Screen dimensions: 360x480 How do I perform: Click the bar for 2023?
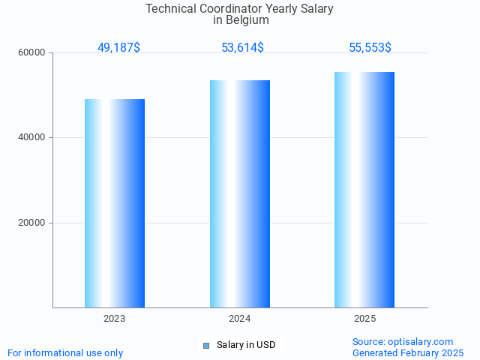coord(115,202)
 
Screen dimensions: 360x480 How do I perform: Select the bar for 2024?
coord(240,193)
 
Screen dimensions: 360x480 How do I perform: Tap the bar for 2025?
coord(364,189)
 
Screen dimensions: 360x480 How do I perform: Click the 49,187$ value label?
coord(118,47)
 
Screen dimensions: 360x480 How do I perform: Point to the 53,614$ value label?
coord(242,47)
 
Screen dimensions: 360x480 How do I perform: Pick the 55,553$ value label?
coord(370,47)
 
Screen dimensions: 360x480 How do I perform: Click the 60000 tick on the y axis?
coord(32,53)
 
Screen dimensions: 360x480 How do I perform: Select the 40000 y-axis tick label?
coord(32,138)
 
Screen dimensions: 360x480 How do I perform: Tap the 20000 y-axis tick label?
coord(32,223)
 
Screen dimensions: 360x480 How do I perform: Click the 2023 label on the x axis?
coord(115,319)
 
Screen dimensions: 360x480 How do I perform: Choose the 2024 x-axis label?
coord(240,319)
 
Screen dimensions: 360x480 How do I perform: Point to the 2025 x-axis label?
coord(364,319)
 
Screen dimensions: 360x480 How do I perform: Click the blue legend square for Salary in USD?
coord(206,345)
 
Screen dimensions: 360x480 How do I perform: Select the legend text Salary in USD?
coord(246,345)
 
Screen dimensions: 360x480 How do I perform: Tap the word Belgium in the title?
coord(247,20)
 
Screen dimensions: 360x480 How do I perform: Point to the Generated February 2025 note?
coord(408,352)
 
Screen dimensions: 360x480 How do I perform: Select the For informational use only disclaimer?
coord(65,352)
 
